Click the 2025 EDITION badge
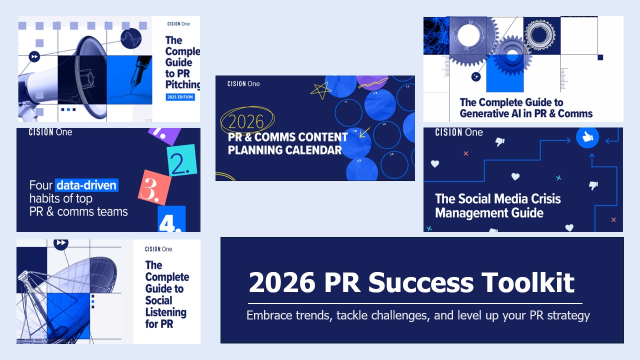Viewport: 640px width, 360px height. click(x=180, y=97)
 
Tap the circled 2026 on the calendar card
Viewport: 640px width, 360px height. click(x=246, y=121)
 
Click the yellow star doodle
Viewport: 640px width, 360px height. click(x=320, y=90)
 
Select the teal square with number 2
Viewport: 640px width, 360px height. click(x=181, y=160)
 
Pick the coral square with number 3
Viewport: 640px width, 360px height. click(x=154, y=187)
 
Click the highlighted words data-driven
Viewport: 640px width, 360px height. click(x=86, y=185)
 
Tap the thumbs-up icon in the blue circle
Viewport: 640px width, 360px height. click(x=587, y=137)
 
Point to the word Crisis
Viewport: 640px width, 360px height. click(x=543, y=199)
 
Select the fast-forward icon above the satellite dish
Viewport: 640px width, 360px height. click(x=61, y=243)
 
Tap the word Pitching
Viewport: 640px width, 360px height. click(x=182, y=84)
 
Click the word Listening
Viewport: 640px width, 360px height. click(x=165, y=312)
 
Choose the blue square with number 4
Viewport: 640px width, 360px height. click(x=171, y=218)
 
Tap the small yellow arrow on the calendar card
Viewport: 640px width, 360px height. click(x=364, y=132)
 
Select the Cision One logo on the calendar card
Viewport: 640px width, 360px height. click(x=243, y=83)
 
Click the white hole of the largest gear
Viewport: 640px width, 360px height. click(x=468, y=35)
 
